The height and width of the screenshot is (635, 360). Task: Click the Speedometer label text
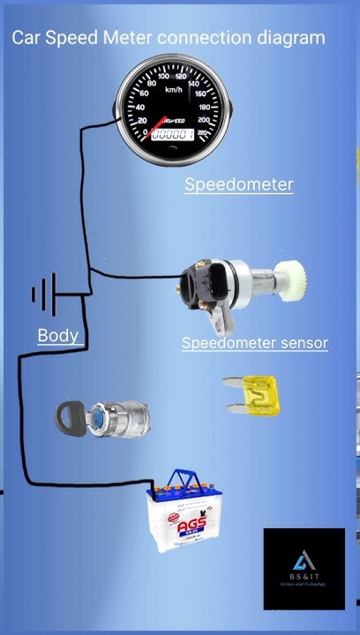pyautogui.click(x=238, y=184)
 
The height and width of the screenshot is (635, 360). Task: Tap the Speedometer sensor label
pyautogui.click(x=254, y=343)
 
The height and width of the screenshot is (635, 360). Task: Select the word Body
pyautogui.click(x=57, y=335)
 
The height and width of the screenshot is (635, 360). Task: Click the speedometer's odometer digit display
pyautogui.click(x=172, y=134)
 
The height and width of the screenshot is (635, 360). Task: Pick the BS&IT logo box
pyautogui.click(x=304, y=569)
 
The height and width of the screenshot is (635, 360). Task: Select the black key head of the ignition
pyautogui.click(x=70, y=417)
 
